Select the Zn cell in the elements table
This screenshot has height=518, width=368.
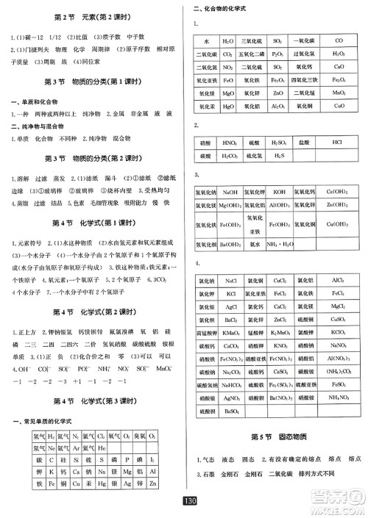[171, 486]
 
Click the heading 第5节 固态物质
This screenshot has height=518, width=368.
[280, 436]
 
